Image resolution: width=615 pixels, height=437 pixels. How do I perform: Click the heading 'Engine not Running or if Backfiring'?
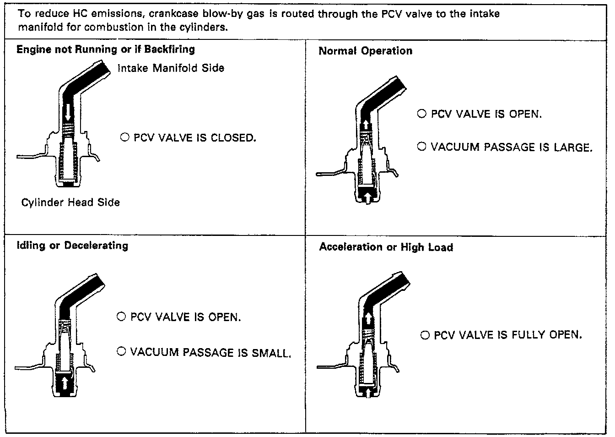pos(105,49)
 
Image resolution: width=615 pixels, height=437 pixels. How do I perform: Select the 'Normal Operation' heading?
pos(365,51)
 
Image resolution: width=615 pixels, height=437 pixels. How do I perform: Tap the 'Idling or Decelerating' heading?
pos(72,246)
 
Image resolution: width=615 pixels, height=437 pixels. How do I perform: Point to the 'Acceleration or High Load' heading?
pos(386,247)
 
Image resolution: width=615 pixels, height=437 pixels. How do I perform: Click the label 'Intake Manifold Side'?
pos(171,68)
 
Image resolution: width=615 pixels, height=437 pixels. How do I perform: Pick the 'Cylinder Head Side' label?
pos(70,202)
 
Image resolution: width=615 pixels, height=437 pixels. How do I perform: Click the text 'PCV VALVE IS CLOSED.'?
pos(194,137)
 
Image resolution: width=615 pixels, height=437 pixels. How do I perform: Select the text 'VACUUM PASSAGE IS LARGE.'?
pos(511,147)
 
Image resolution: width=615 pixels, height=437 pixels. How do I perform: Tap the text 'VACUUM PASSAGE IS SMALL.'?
pos(210,352)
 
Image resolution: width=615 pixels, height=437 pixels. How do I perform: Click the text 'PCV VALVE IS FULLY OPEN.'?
pos(507,335)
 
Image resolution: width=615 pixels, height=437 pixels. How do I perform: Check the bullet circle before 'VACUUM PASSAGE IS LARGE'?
pos(422,147)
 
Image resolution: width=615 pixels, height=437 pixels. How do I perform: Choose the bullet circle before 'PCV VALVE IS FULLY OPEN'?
pos(425,335)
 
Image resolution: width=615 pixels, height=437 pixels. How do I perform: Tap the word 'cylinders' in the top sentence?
pos(204,27)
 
